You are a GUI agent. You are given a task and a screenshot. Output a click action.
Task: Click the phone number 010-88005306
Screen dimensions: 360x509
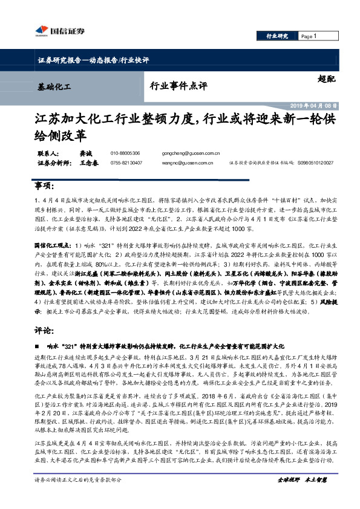(x=125, y=154)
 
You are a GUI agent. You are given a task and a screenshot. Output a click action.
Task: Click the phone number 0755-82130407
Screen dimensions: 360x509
(x=126, y=163)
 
